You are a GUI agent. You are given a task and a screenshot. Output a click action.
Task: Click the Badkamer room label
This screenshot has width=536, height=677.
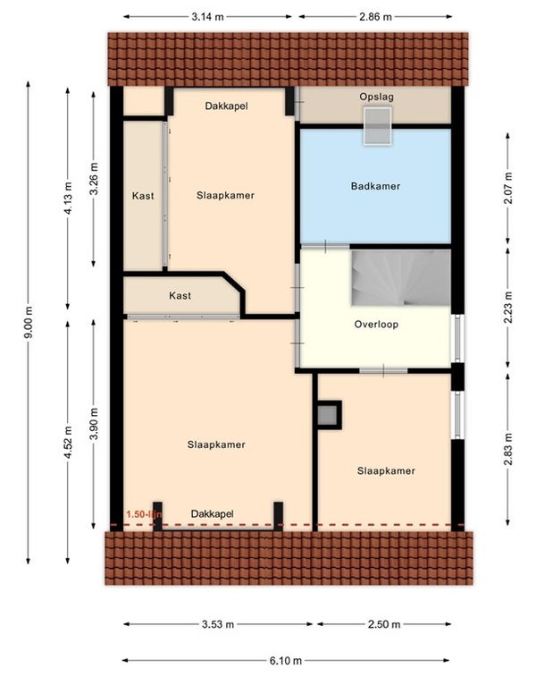click(375, 187)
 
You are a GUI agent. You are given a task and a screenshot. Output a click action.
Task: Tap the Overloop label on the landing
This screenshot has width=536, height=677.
click(376, 325)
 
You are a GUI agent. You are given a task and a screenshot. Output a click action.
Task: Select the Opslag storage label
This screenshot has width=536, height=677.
click(376, 97)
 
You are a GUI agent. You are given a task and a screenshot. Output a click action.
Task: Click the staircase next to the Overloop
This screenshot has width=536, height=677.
click(401, 277)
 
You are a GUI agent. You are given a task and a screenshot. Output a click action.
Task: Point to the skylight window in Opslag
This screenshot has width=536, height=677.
click(377, 125)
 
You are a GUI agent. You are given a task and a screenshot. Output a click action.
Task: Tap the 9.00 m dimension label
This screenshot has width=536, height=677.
click(29, 322)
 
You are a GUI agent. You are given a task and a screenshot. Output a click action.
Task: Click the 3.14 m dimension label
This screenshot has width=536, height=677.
click(208, 17)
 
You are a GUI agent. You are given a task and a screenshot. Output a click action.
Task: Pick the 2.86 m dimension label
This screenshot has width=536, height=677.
click(375, 17)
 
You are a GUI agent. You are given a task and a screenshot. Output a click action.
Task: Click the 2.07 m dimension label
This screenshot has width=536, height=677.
click(509, 188)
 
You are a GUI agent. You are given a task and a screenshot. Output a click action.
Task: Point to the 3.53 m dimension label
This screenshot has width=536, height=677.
click(218, 624)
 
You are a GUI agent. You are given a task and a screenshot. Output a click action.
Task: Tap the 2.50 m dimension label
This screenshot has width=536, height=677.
click(384, 624)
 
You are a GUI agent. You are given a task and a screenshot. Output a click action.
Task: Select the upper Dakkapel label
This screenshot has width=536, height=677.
click(226, 106)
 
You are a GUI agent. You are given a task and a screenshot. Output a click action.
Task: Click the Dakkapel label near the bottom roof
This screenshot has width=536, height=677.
click(212, 514)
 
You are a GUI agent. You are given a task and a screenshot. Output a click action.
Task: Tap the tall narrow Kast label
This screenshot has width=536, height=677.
click(143, 196)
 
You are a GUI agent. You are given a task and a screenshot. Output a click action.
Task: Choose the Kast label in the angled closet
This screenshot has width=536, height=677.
click(180, 296)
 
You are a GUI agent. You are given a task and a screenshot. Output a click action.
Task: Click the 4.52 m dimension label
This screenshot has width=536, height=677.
click(68, 442)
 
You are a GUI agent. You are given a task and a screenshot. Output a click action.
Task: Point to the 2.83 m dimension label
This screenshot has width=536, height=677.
click(509, 449)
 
